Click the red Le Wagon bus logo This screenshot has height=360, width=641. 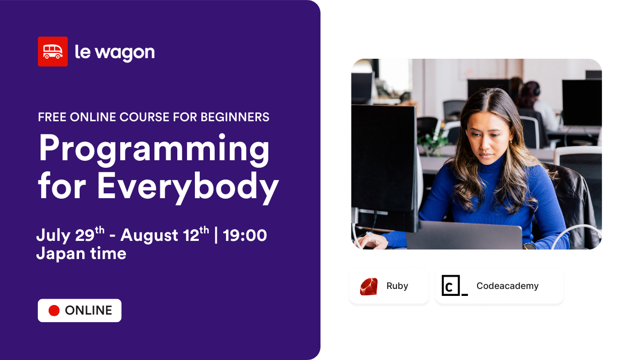pyautogui.click(x=52, y=51)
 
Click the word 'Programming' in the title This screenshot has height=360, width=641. pyautogui.click(x=154, y=150)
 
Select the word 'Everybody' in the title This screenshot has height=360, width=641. pyautogui.click(x=188, y=187)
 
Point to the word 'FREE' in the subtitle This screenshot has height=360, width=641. pyautogui.click(x=52, y=117)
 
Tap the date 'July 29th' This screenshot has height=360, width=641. pyautogui.click(x=70, y=235)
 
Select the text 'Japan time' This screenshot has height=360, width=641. pyautogui.click(x=81, y=253)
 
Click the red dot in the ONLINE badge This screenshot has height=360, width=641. pyautogui.click(x=54, y=310)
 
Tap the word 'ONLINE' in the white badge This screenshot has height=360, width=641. pyautogui.click(x=88, y=310)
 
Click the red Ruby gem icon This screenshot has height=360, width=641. pyautogui.click(x=369, y=286)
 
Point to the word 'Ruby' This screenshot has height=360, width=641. pyautogui.click(x=397, y=286)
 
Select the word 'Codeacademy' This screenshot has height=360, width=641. pyautogui.click(x=507, y=286)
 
